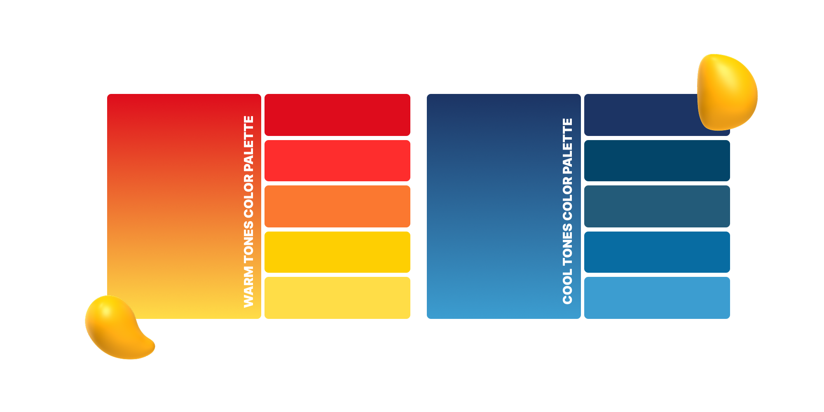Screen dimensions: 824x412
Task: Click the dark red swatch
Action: pos(337,115)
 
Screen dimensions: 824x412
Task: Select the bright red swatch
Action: pos(337,160)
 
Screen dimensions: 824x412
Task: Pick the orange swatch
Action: pos(337,206)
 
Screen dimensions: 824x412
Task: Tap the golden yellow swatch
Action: pos(337,252)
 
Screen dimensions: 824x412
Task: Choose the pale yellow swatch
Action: pos(337,297)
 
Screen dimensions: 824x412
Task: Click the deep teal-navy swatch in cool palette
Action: pos(657,160)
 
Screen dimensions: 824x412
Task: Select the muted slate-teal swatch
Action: pos(657,206)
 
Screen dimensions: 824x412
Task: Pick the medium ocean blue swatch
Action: pos(657,252)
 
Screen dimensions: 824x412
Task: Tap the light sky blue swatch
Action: pos(657,297)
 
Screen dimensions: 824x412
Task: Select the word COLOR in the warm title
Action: pos(248,196)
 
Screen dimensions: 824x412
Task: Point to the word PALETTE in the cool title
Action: pos(568,146)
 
